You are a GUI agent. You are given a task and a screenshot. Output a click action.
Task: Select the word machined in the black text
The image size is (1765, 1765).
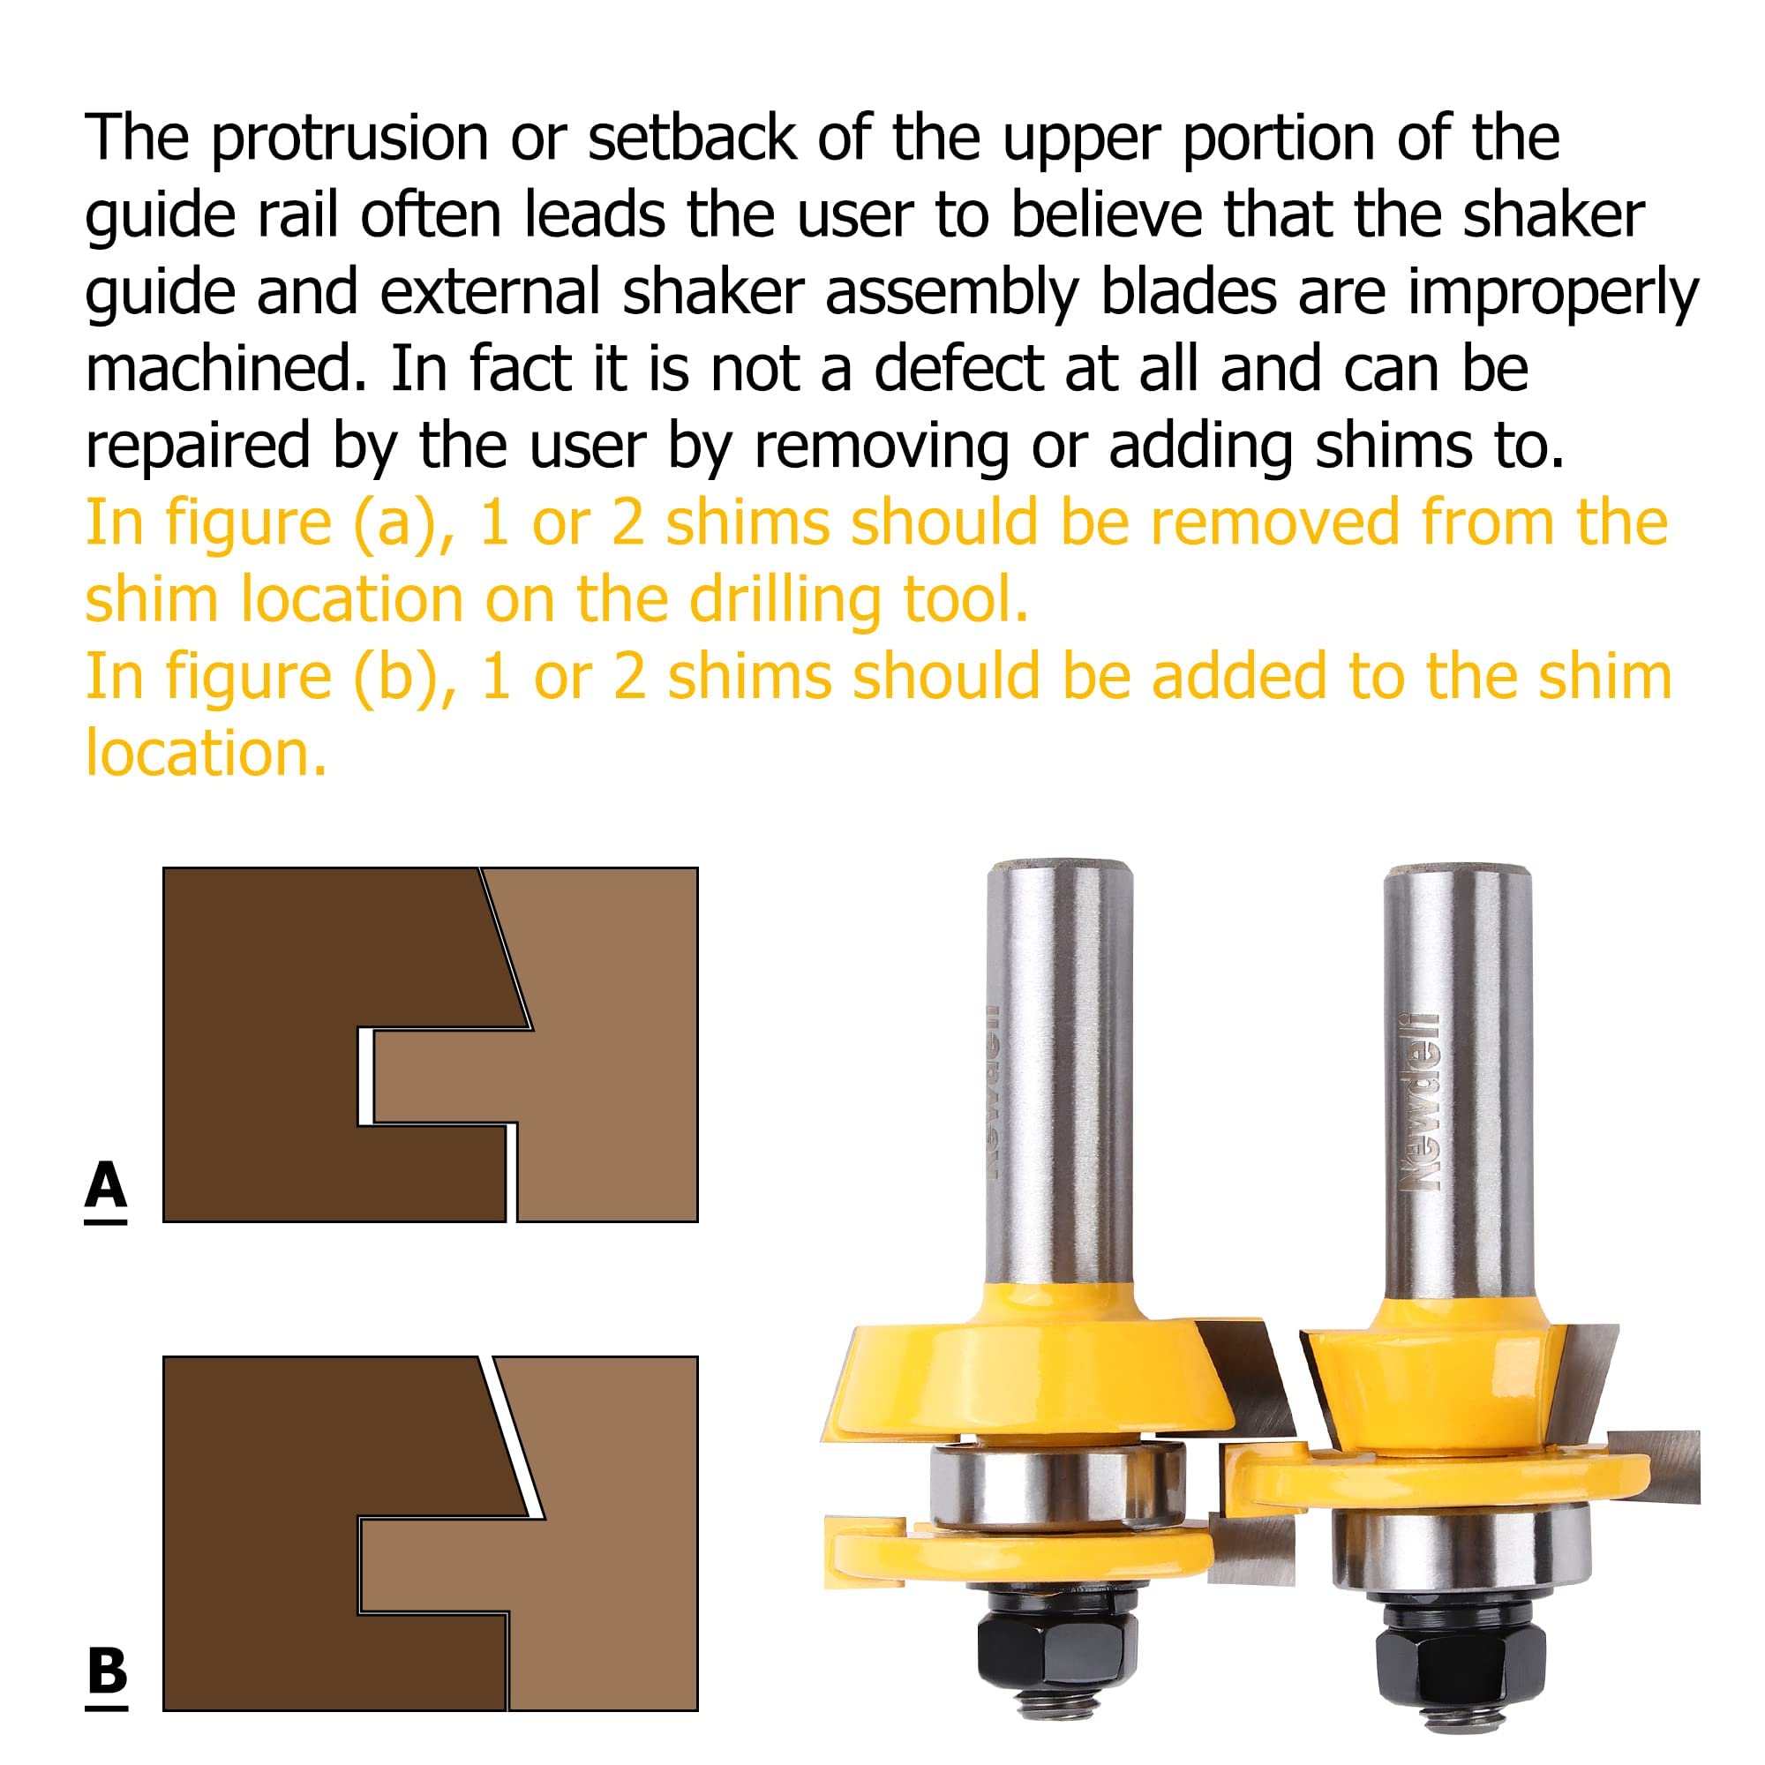pyautogui.click(x=225, y=369)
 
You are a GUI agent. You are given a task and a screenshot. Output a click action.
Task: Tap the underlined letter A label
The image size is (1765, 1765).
pyautogui.click(x=106, y=1187)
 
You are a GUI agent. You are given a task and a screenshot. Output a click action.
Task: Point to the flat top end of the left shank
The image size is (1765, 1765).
pyautogui.click(x=1060, y=865)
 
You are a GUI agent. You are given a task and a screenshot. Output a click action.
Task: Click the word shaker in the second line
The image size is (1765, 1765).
pyautogui.click(x=1553, y=216)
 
